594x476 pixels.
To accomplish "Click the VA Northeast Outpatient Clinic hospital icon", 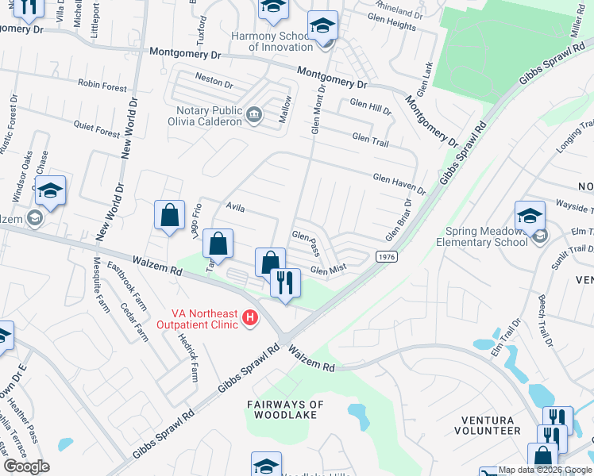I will click(250, 318).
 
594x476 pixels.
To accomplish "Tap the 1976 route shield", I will click(386, 257).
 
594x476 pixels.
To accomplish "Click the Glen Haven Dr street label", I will click(399, 185).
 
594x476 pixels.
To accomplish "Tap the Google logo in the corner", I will click(26, 466).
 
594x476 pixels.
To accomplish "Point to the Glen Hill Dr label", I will click(370, 106).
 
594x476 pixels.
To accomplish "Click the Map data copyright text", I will click(544, 470).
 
